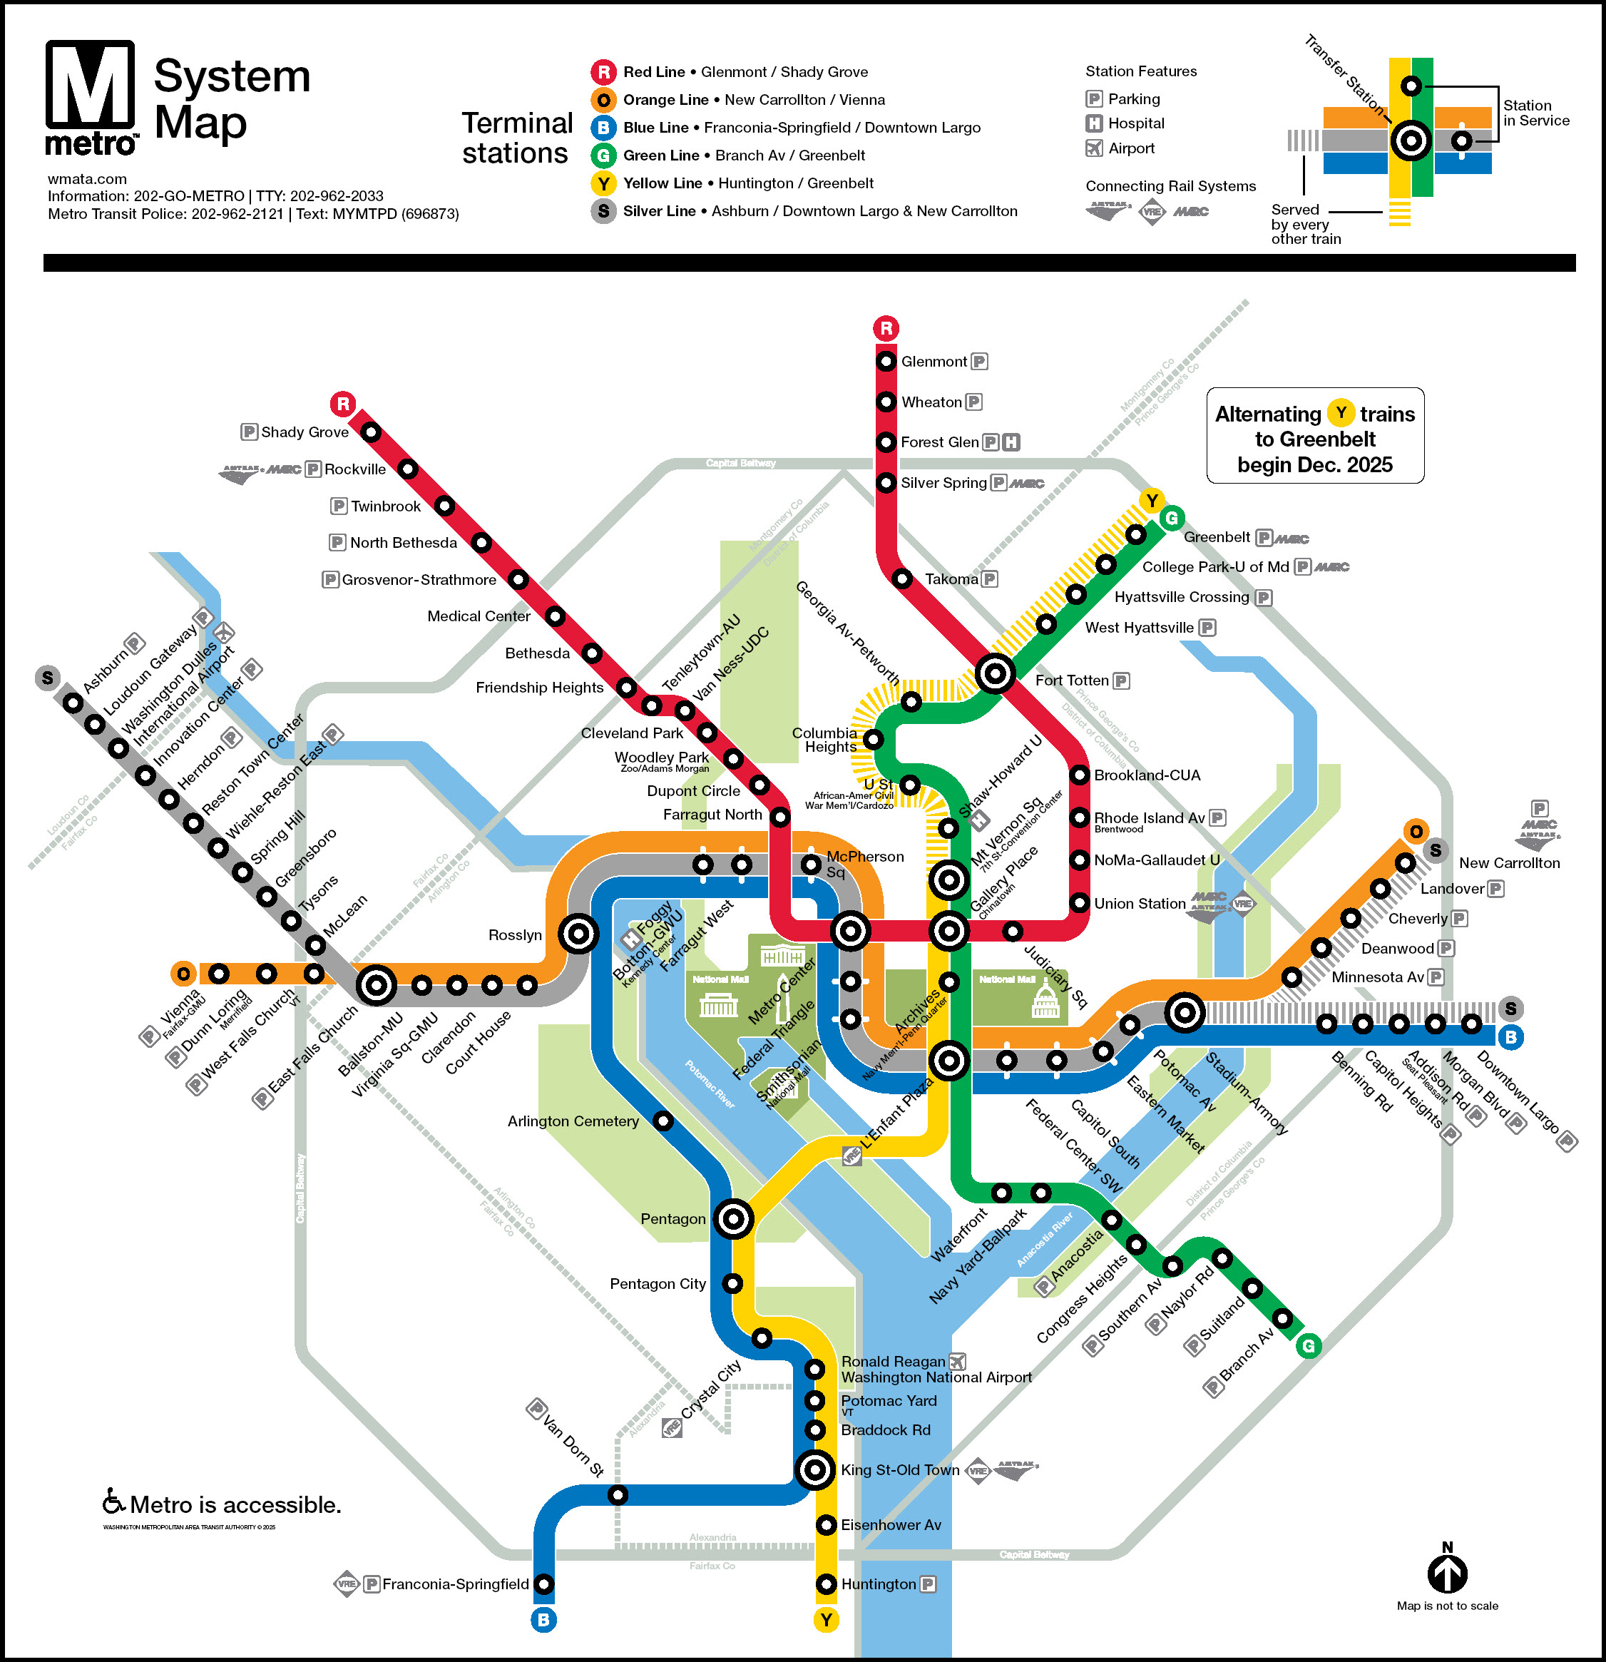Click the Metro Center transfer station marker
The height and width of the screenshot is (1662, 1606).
click(849, 931)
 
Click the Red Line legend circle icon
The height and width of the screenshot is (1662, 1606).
click(603, 72)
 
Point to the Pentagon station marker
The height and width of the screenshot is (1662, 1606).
click(734, 1219)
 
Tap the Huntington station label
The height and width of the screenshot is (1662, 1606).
click(879, 1584)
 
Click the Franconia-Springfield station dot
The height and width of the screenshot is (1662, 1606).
click(544, 1584)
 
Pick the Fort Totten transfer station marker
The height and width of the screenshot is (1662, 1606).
click(995, 674)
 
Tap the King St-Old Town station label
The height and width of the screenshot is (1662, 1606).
click(900, 1470)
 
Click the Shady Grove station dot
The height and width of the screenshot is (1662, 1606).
click(371, 432)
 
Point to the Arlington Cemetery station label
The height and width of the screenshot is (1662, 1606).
click(573, 1122)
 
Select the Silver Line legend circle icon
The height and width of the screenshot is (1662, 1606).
click(603, 211)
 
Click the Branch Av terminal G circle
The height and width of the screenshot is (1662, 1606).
click(1309, 1346)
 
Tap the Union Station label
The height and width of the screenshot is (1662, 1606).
click(1139, 904)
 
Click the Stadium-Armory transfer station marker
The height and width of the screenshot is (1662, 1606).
click(1185, 1011)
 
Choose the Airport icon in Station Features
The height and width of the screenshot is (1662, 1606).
click(1095, 148)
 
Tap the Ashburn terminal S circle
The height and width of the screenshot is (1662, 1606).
click(48, 677)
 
